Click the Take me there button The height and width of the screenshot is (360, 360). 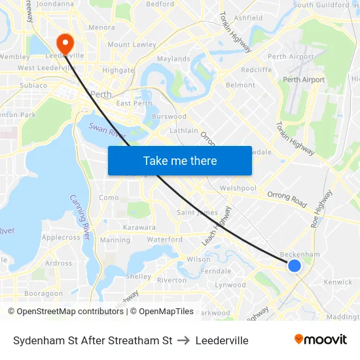tap(180, 160)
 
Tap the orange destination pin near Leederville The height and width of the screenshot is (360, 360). tap(65, 43)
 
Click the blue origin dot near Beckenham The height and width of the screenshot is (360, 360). tap(295, 265)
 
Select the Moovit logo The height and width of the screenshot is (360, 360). tap(321, 340)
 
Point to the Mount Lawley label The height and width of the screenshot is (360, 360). tap(132, 45)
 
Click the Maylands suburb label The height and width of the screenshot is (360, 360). tap(173, 59)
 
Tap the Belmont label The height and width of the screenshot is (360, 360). tap(240, 85)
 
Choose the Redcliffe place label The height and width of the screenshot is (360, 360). tap(257, 69)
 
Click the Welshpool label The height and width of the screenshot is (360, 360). tap(238, 188)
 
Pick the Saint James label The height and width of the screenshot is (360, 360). tap(198, 212)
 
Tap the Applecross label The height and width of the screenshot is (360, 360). tap(61, 238)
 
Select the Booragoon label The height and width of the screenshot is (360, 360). tap(43, 294)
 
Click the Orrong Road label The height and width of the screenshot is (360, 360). tap(287, 198)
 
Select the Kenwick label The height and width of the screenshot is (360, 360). tap(338, 283)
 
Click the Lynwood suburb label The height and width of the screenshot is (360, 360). tap(230, 285)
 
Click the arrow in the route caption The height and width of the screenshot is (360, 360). tap(183, 340)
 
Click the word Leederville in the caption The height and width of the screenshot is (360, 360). tap(222, 340)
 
